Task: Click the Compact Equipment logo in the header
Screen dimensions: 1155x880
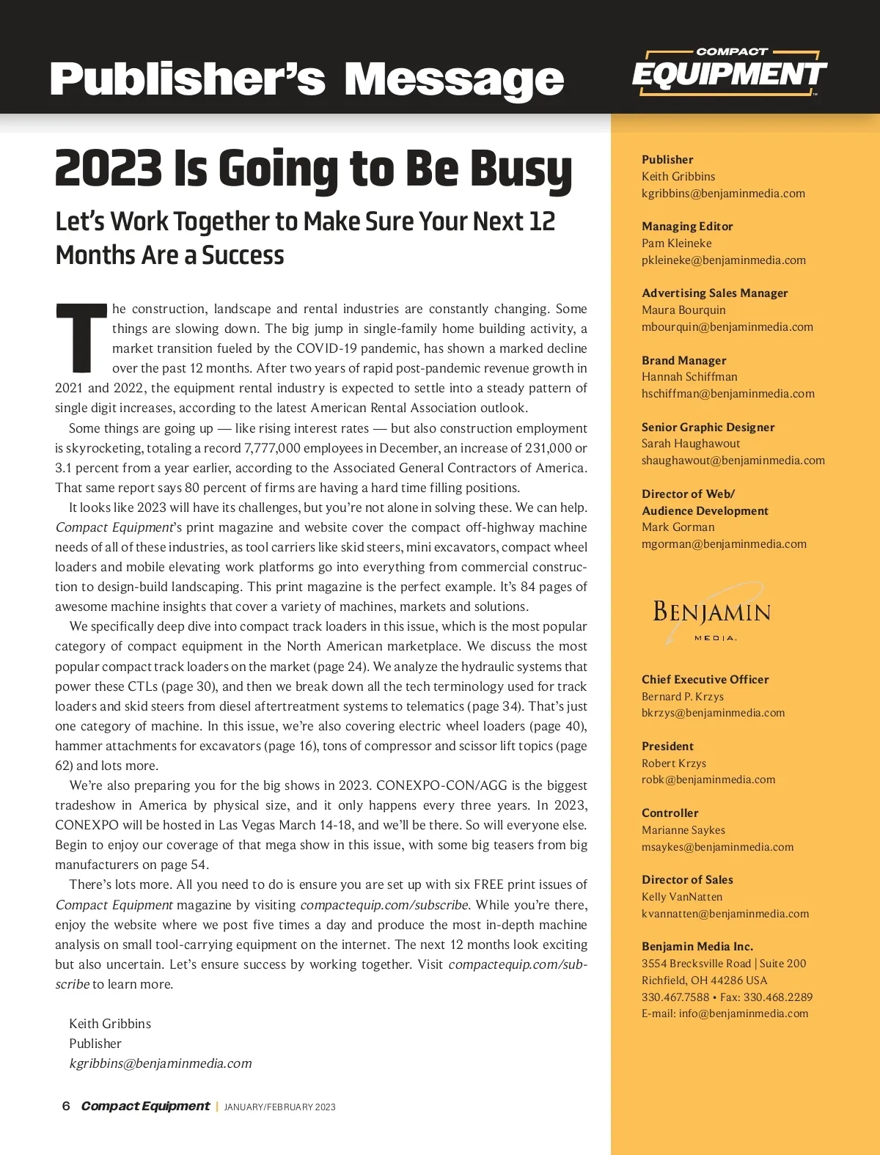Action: pyautogui.click(x=729, y=73)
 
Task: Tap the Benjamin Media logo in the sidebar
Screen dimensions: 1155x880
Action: pyautogui.click(x=711, y=614)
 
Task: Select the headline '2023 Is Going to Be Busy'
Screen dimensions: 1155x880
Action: pyautogui.click(x=313, y=168)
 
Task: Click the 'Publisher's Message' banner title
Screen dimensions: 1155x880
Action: pyautogui.click(x=307, y=79)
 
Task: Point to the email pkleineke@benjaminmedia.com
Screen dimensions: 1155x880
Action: pyautogui.click(x=723, y=260)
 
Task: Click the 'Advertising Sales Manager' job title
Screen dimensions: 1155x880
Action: pyautogui.click(x=714, y=293)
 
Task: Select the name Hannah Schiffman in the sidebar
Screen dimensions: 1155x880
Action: pyautogui.click(x=689, y=377)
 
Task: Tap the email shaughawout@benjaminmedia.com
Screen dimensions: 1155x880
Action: pyautogui.click(x=733, y=461)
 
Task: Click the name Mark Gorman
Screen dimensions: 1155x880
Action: pyautogui.click(x=678, y=527)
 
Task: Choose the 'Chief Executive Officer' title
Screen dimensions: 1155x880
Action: pyautogui.click(x=705, y=680)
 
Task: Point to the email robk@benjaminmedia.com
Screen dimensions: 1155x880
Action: pyautogui.click(x=708, y=780)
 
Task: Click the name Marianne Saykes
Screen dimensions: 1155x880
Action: pyautogui.click(x=683, y=830)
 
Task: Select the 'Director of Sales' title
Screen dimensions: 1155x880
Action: pyautogui.click(x=687, y=880)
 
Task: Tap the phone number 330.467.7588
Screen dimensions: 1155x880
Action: pyautogui.click(x=675, y=997)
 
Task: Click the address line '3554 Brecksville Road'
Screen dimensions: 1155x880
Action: pyautogui.click(x=696, y=964)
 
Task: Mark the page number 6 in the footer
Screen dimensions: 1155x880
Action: pyautogui.click(x=66, y=1106)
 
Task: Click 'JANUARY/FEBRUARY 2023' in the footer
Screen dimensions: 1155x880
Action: pyautogui.click(x=279, y=1107)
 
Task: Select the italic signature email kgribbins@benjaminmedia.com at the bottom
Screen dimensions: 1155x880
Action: pyautogui.click(x=160, y=1063)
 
